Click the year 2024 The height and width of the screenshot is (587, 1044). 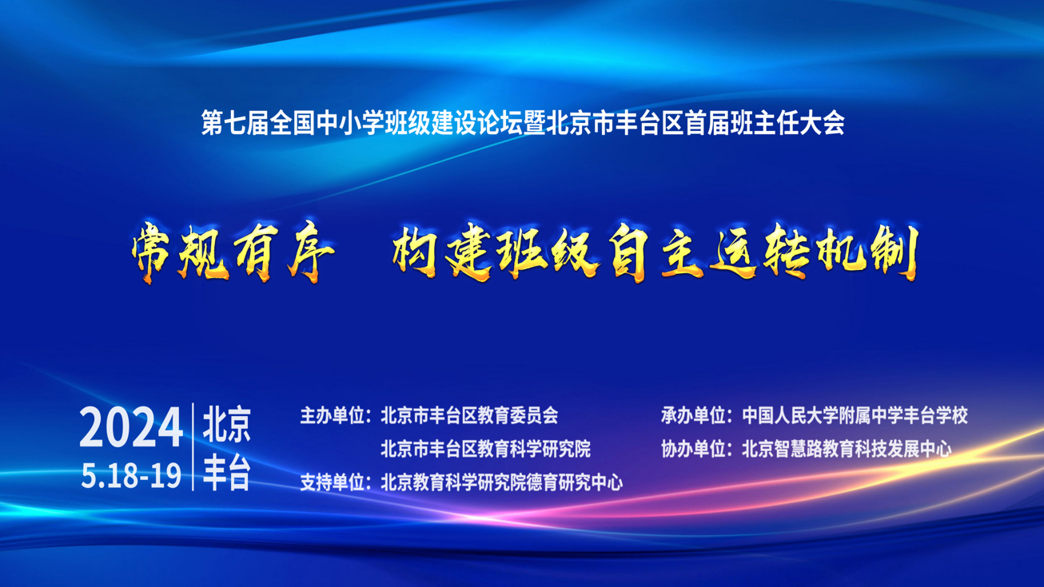pyautogui.click(x=131, y=426)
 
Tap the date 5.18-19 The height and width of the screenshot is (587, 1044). pyautogui.click(x=131, y=476)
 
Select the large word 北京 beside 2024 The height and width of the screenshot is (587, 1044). pyautogui.click(x=227, y=425)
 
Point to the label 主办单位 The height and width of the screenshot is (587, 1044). pyautogui.click(x=332, y=416)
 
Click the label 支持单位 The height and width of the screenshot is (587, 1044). pyautogui.click(x=332, y=482)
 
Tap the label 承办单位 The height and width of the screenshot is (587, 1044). pyautogui.click(x=693, y=416)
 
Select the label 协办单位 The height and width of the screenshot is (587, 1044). pyautogui.click(x=693, y=449)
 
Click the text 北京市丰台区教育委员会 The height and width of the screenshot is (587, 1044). pyautogui.click(x=469, y=416)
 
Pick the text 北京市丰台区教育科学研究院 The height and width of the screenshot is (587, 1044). pyautogui.click(x=486, y=449)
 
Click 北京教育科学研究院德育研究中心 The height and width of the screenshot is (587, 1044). pyautogui.click(x=501, y=482)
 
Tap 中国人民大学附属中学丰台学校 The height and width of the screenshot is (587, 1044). pyautogui.click(x=855, y=416)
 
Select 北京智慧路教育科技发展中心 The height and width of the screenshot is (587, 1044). pyautogui.click(x=847, y=449)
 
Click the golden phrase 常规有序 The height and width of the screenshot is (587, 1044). pyautogui.click(x=233, y=252)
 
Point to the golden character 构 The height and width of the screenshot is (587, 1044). pyautogui.click(x=415, y=252)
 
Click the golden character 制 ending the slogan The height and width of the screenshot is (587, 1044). pyautogui.click(x=895, y=252)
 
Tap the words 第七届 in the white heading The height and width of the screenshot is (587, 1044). pyautogui.click(x=235, y=123)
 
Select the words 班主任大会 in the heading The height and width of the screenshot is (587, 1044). pyautogui.click(x=787, y=123)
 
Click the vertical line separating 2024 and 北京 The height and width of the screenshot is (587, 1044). pyautogui.click(x=193, y=447)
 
